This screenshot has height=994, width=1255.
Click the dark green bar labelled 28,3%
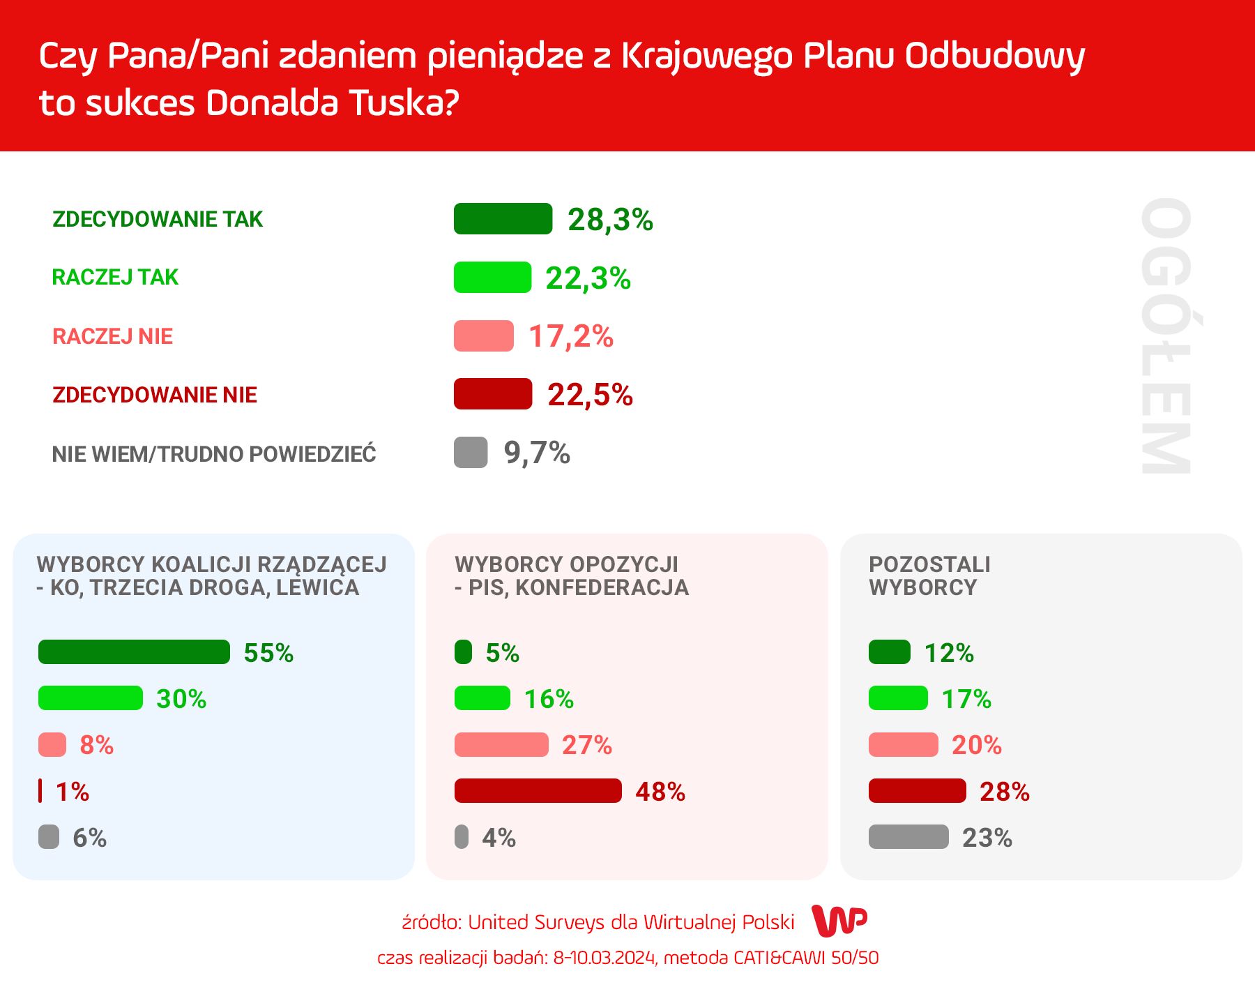(x=503, y=219)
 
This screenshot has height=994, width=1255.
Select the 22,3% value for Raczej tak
(x=588, y=278)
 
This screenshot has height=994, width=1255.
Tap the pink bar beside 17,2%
(x=483, y=336)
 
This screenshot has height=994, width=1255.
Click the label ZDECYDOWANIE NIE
(x=155, y=395)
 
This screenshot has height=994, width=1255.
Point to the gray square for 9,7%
(x=471, y=453)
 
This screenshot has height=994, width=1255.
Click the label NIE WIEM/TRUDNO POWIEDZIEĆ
(x=214, y=454)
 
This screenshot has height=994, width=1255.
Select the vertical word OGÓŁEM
(x=1165, y=336)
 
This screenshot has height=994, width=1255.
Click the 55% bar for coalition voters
(x=134, y=652)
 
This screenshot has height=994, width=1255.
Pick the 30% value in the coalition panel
(x=181, y=699)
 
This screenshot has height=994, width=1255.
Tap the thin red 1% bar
(x=40, y=791)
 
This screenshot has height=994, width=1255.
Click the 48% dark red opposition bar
(x=538, y=791)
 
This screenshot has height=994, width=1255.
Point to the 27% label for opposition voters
(x=587, y=745)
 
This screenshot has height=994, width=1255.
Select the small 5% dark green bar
(x=463, y=652)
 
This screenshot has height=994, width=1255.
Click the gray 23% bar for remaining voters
(x=908, y=837)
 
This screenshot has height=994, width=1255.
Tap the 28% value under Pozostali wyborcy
(x=1004, y=792)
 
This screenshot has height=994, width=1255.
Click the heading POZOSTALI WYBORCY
(x=929, y=575)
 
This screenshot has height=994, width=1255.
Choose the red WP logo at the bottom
(x=839, y=921)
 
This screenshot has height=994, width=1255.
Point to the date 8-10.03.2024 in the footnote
(x=604, y=958)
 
